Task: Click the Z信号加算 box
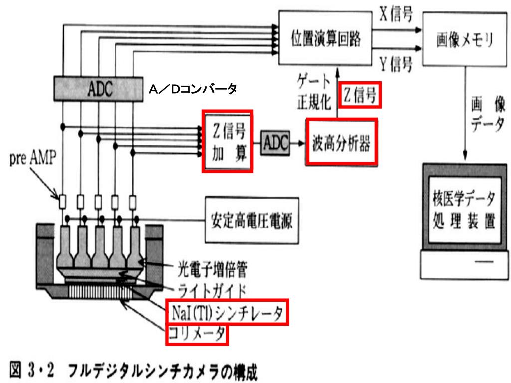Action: pos(227,141)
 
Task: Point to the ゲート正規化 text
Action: pos(313,92)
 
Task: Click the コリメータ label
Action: pos(197,334)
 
